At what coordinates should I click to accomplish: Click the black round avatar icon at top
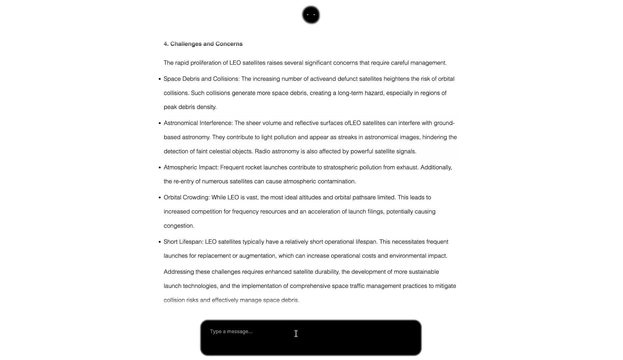pyautogui.click(x=311, y=15)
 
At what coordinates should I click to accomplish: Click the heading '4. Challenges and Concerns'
pyautogui.click(x=203, y=44)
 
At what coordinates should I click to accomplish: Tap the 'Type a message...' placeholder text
pyautogui.click(x=231, y=332)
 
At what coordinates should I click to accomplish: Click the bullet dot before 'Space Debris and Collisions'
pyautogui.click(x=160, y=79)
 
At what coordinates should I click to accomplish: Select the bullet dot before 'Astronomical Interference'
pyautogui.click(x=160, y=123)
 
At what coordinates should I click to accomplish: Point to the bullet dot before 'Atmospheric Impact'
pyautogui.click(x=160, y=168)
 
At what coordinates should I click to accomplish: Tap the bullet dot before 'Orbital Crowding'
pyautogui.click(x=160, y=198)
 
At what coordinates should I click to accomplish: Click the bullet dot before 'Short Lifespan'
pyautogui.click(x=160, y=242)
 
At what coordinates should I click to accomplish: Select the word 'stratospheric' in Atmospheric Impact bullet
pyautogui.click(x=341, y=167)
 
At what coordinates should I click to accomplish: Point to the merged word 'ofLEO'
pyautogui.click(x=353, y=123)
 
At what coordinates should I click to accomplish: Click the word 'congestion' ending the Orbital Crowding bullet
pyautogui.click(x=178, y=226)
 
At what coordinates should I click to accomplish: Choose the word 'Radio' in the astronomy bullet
pyautogui.click(x=262, y=152)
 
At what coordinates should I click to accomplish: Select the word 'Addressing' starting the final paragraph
pyautogui.click(x=179, y=272)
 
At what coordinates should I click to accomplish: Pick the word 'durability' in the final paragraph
pyautogui.click(x=327, y=272)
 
